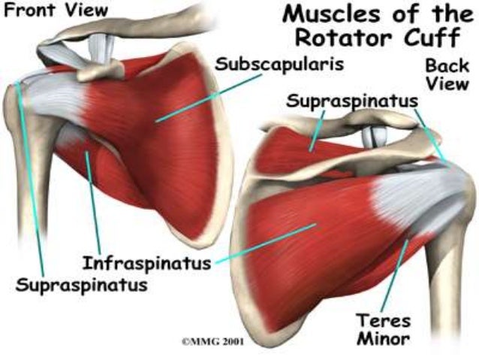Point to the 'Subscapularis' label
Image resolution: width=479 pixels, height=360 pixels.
(x=279, y=63)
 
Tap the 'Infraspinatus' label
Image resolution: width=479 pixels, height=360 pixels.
(x=146, y=264)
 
